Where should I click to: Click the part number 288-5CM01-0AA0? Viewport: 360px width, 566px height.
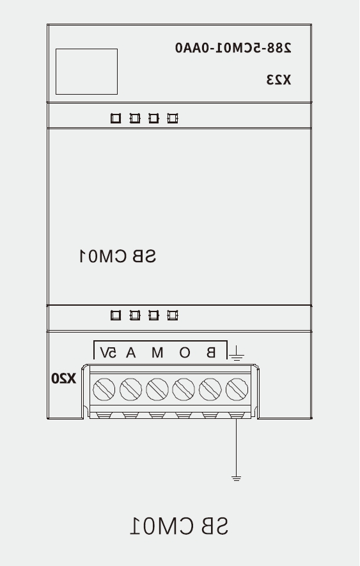coord(233,48)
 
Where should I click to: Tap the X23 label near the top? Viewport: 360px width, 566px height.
coord(278,80)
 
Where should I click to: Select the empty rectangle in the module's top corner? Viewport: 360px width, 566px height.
coord(87,72)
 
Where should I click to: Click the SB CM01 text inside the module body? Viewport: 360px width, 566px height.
coord(118,256)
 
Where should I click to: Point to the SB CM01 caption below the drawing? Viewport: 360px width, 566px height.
coord(179,526)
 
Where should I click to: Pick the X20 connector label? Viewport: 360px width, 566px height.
coord(63,379)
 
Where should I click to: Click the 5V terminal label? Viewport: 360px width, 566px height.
coord(108,352)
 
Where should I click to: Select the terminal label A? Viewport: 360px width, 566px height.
coord(130,352)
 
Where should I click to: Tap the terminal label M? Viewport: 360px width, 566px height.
coord(157,352)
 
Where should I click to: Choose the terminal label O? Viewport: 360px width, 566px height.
coord(185,352)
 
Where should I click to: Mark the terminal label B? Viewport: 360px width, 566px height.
coord(211,352)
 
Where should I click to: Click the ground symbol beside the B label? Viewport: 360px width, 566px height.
coord(237,354)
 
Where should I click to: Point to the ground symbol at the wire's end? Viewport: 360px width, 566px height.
coord(236,478)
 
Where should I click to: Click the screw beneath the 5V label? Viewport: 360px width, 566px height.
coord(104,389)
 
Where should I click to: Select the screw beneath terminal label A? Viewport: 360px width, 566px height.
coord(130,389)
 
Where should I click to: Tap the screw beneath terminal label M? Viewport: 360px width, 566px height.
coord(157,389)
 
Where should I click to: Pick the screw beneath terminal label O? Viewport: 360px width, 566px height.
coord(184,389)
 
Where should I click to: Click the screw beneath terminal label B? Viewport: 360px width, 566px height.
coord(210,389)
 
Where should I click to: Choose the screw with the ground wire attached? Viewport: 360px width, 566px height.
coord(237,389)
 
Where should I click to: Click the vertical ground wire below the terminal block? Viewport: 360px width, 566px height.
coord(236,448)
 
